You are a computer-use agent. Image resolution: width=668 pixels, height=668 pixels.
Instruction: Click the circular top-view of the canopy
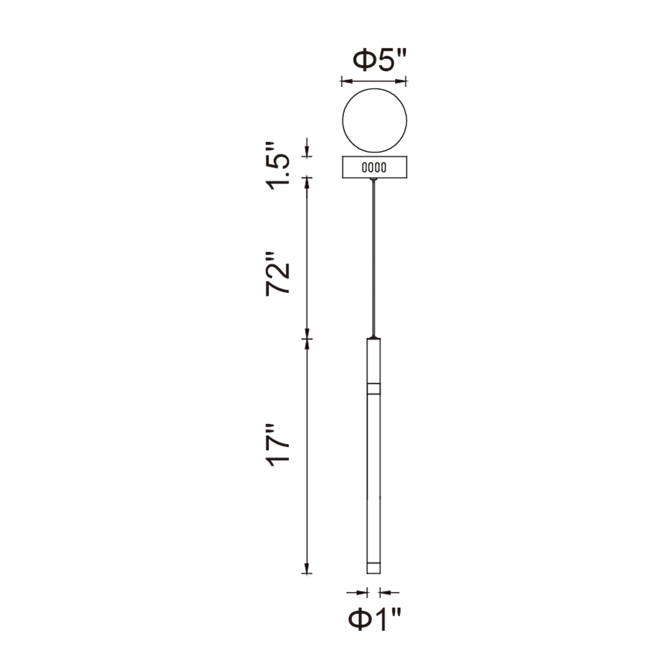[374, 120]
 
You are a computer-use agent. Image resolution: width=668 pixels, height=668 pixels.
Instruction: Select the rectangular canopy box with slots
[374, 167]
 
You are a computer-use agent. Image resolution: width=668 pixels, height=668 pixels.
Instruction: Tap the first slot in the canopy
[364, 168]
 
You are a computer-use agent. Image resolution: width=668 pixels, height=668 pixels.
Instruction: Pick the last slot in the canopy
[384, 168]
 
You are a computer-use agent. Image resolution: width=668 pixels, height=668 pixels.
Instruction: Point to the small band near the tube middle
[373, 389]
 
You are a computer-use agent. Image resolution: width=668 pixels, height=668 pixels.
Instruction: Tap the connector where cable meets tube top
[373, 337]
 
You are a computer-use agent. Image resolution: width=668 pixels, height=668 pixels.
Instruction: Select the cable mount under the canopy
[373, 179]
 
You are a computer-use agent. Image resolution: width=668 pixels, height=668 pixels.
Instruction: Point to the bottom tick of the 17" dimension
[307, 573]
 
